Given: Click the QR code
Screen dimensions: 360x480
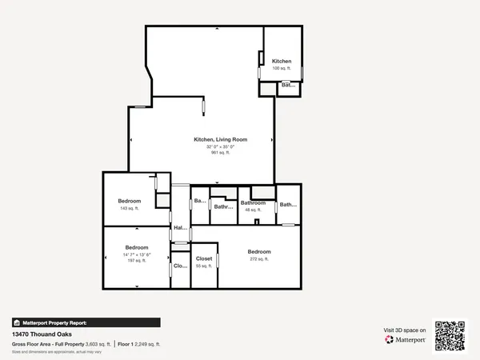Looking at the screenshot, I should pos(449,335).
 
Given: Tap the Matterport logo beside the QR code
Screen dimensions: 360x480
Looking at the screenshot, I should pos(406,339).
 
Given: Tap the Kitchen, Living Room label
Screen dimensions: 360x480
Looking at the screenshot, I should pos(220,139).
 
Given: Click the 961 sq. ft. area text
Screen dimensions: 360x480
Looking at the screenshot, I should pos(220,152).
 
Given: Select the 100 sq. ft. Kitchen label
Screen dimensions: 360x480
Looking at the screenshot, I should pos(282,68).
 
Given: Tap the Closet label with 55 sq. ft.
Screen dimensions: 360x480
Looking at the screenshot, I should pos(204,259).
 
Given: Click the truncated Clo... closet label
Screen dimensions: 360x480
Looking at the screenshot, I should pos(180,266).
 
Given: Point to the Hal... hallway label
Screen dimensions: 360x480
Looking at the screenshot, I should pos(180,228).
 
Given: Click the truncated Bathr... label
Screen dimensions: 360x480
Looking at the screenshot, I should pos(223,206).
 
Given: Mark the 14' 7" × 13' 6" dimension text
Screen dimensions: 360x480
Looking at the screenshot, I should pos(136,254).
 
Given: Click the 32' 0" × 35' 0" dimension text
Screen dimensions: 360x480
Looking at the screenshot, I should pos(220,146).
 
